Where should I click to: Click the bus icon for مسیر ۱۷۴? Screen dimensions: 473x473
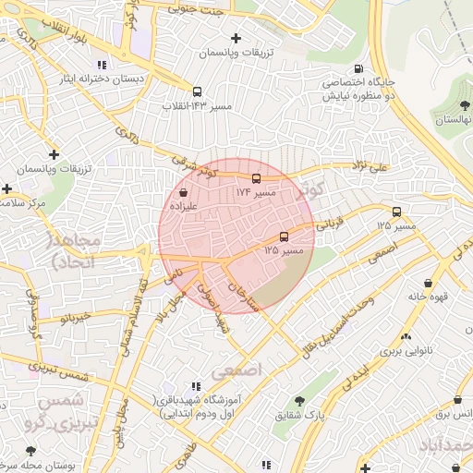(x=256, y=178)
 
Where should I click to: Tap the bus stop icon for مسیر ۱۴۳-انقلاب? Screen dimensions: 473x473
(x=197, y=91)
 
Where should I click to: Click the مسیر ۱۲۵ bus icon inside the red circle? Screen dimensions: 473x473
(x=284, y=236)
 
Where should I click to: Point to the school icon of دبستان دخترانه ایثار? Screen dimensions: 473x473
(x=102, y=65)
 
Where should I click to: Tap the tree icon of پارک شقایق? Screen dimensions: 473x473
(x=299, y=401)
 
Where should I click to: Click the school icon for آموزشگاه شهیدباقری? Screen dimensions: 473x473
(x=194, y=386)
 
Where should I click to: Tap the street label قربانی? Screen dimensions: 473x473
(x=330, y=222)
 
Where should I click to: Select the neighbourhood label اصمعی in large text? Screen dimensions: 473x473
(x=237, y=370)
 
